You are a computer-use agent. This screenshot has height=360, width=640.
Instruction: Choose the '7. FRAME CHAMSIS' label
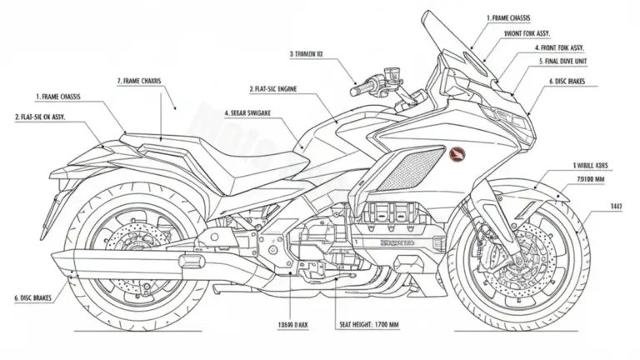pos(139,81)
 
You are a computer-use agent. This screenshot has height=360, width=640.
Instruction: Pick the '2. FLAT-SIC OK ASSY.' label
pos(52,117)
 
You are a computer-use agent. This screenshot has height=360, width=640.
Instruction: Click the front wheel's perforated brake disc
pos(513,251)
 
